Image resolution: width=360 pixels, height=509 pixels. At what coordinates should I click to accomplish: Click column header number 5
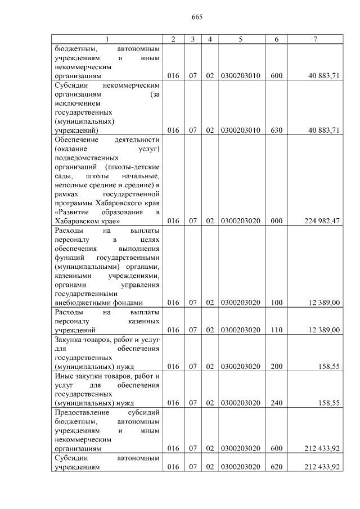240,39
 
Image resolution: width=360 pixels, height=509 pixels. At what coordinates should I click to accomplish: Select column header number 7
315,39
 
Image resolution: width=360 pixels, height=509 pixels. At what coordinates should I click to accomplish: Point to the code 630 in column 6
276,130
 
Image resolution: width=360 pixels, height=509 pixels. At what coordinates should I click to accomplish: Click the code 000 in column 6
276,221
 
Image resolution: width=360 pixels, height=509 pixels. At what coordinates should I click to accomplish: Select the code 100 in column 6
276,303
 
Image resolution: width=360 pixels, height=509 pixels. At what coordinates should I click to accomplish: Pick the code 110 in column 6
276,330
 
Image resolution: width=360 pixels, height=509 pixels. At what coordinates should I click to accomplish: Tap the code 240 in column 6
276,403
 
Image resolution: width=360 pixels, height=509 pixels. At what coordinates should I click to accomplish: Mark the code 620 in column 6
276,467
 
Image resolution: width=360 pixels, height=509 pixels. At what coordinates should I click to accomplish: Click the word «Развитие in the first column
74,212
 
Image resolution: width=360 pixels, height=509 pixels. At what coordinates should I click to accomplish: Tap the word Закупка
68,339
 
